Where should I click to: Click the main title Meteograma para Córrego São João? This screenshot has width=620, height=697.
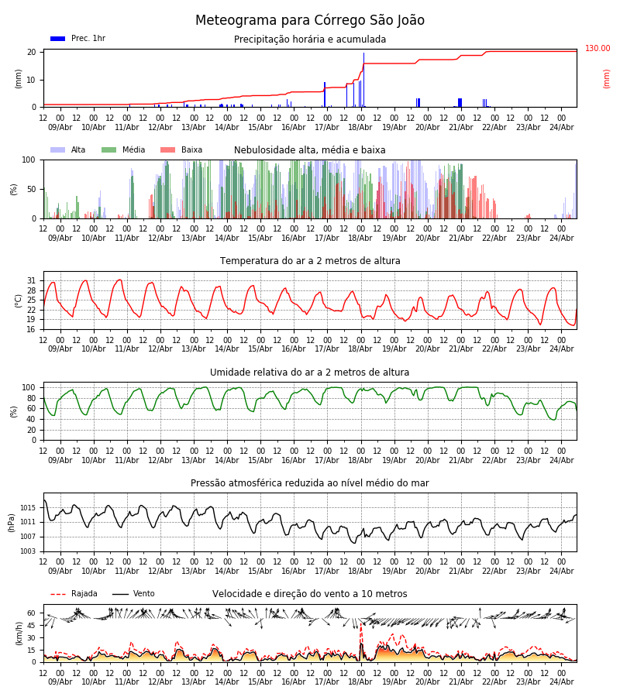click(310, 21)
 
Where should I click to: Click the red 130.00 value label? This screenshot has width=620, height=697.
click(598, 49)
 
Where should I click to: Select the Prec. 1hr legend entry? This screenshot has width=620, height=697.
click(77, 39)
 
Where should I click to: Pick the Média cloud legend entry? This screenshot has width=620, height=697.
click(123, 150)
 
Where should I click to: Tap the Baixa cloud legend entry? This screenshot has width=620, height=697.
click(181, 150)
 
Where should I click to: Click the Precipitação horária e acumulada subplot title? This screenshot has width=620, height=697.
click(310, 39)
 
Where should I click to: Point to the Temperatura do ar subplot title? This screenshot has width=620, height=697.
click(310, 261)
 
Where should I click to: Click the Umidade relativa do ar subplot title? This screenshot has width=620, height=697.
click(310, 373)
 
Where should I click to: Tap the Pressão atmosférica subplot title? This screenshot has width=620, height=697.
click(310, 483)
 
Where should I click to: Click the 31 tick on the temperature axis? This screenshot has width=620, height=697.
click(32, 280)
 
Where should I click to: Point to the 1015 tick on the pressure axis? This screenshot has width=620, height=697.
click(28, 507)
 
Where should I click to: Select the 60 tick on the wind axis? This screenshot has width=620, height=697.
click(32, 613)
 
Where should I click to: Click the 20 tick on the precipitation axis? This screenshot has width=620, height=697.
click(32, 53)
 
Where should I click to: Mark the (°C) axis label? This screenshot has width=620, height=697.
click(19, 300)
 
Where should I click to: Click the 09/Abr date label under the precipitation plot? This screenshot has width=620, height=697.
click(60, 127)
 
